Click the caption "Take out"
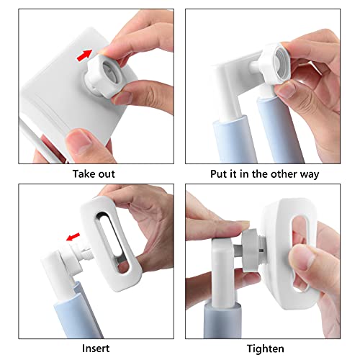point(94,174)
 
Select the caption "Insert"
point(96,348)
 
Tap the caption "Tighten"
point(266,349)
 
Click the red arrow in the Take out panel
point(84,55)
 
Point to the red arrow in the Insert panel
point(73,237)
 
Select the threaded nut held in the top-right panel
point(276,63)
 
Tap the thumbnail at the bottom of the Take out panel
point(78,143)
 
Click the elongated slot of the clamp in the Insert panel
point(113,243)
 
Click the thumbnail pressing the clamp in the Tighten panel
point(302,258)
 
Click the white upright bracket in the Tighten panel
point(222,271)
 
